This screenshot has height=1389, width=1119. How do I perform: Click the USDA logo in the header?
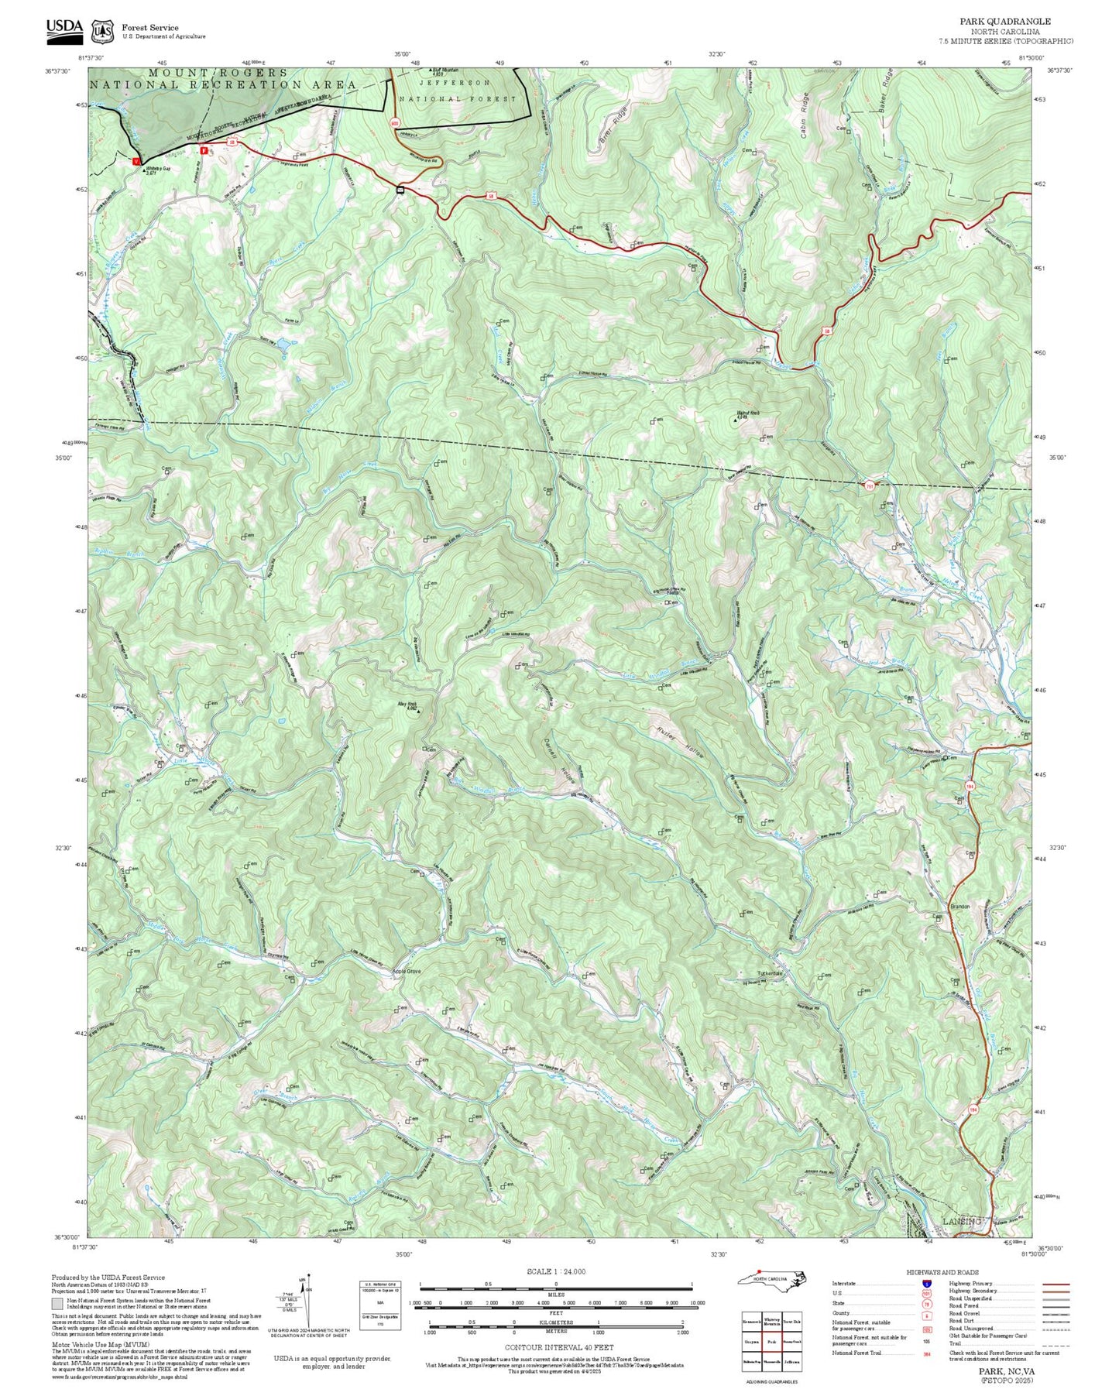pos(64,28)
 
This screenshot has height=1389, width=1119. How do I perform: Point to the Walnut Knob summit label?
pos(748,413)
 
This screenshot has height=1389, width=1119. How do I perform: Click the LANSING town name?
pos(961,1222)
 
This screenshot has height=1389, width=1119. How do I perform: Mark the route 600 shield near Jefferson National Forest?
pos(394,122)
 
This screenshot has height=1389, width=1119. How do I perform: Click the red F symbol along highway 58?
pos(204,151)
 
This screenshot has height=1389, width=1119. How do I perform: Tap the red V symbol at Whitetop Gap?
pos(137,162)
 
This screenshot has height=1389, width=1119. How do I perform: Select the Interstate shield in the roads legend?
pos(926,1284)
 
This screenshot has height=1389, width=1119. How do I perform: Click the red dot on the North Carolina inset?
pos(760,1271)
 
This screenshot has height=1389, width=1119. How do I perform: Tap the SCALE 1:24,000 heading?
pos(555,1271)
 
